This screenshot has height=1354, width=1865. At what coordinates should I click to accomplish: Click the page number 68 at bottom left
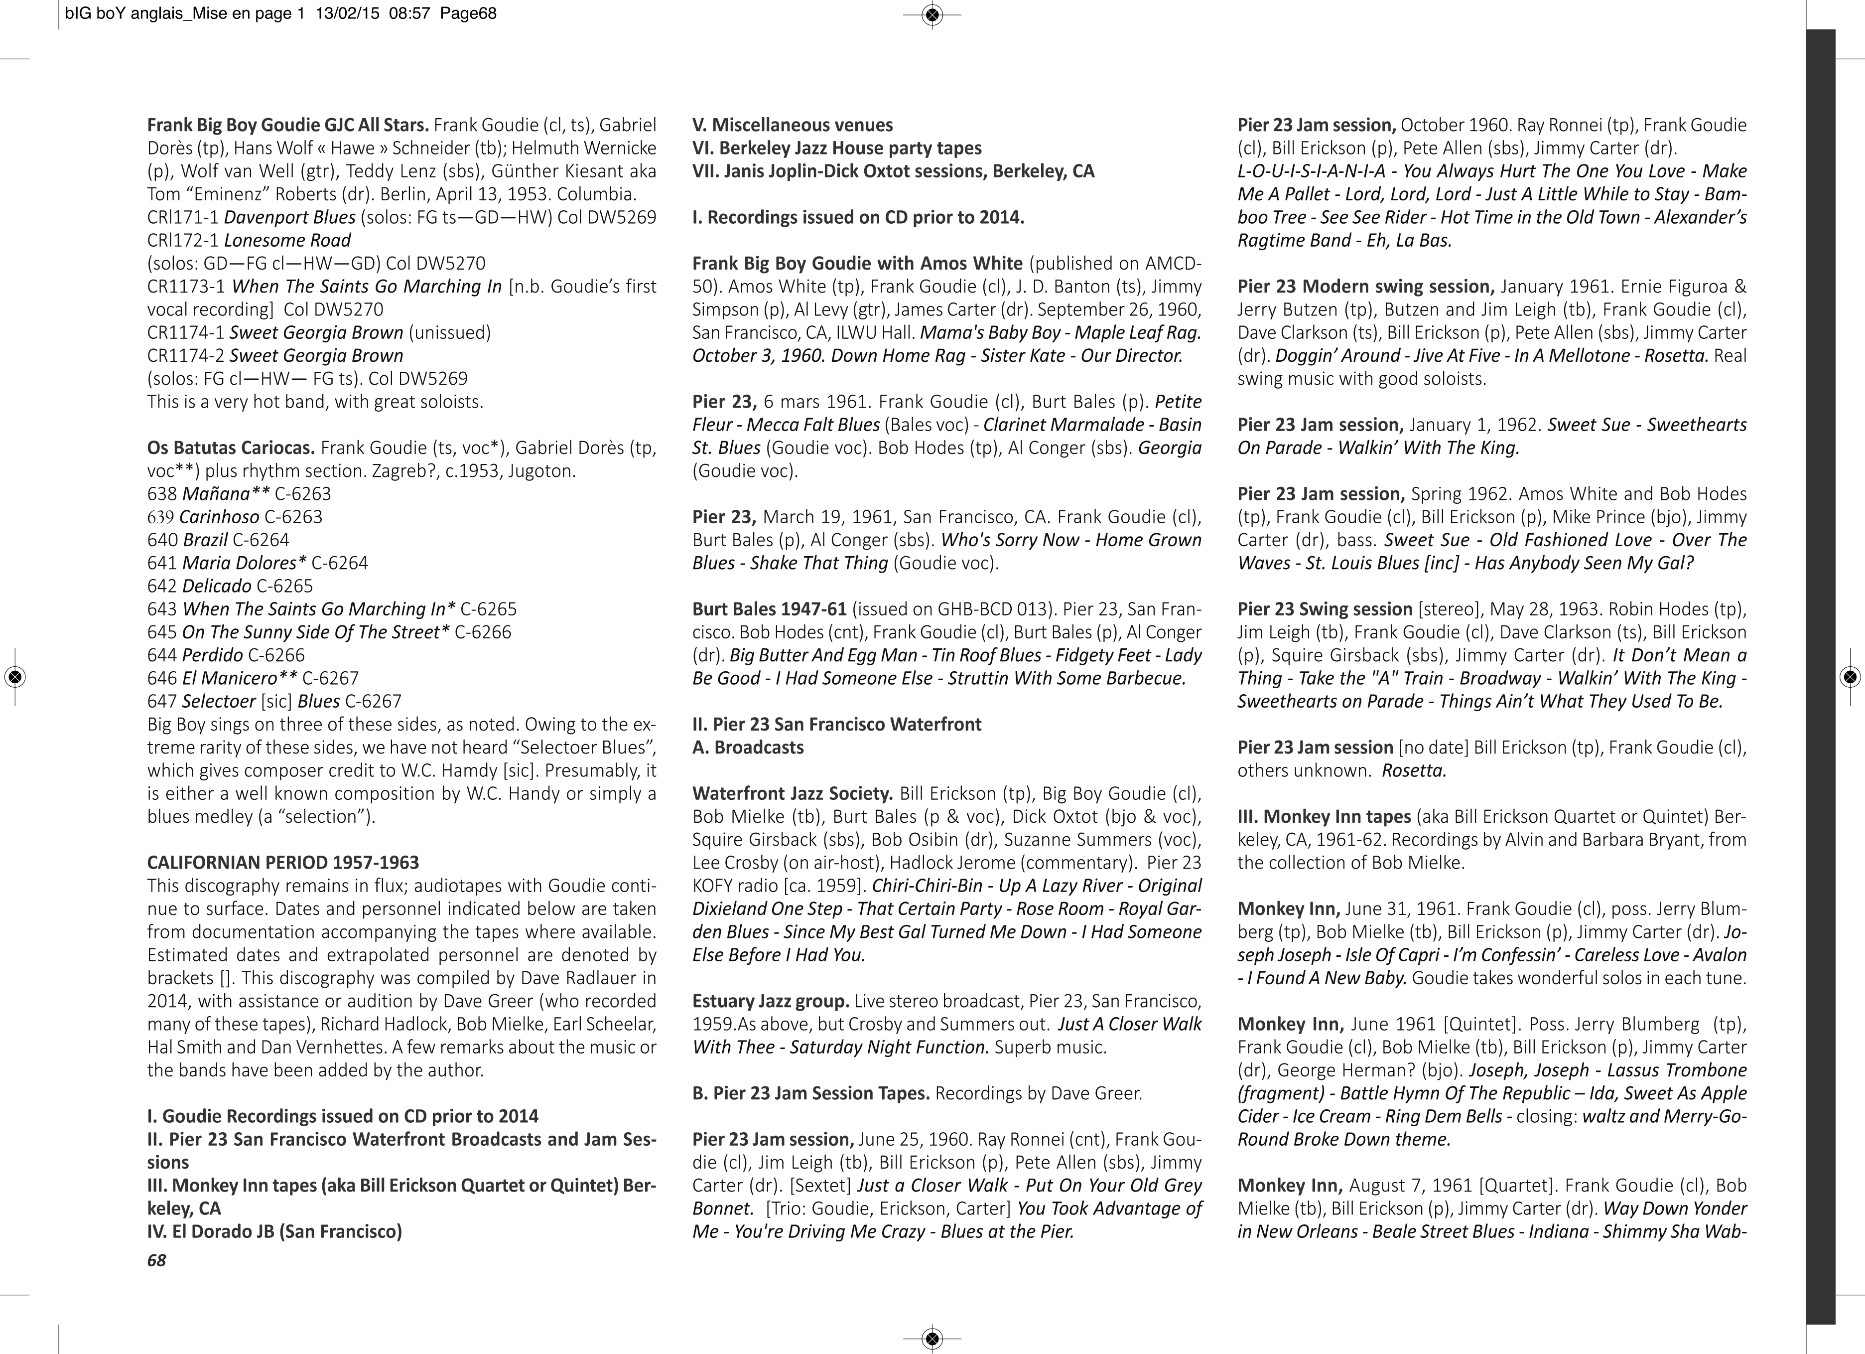(156, 1260)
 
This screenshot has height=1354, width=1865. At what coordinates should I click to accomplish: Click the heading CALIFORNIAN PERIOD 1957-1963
(283, 862)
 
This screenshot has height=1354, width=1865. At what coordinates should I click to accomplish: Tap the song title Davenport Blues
(289, 217)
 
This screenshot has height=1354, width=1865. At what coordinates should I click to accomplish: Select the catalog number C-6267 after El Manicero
(331, 678)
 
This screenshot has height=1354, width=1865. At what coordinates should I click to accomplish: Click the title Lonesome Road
(287, 240)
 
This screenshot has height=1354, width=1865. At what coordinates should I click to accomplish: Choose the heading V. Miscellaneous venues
(793, 125)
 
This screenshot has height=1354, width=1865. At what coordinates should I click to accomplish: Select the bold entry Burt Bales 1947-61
(769, 608)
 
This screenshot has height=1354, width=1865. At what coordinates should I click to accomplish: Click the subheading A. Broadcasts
(748, 747)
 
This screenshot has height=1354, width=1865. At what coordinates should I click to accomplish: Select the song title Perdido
(212, 655)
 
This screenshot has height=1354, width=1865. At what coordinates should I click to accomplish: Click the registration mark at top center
(932, 14)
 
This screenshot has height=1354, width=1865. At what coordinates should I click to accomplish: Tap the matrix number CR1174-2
(185, 355)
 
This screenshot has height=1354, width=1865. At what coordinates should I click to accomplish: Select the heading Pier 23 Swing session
(1325, 608)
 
